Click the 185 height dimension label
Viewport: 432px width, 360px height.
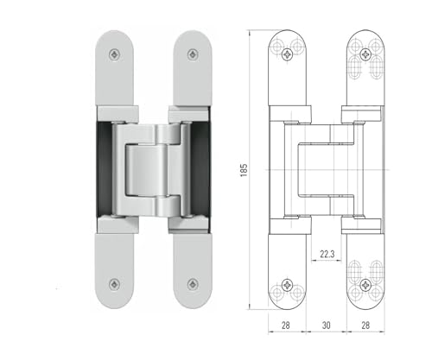(244, 170)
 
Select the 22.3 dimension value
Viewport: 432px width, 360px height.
(327, 254)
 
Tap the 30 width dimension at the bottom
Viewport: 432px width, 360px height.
(326, 325)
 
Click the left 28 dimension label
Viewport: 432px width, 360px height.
(286, 325)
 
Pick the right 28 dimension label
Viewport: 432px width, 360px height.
(365, 325)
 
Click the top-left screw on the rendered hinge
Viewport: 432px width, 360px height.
(115, 54)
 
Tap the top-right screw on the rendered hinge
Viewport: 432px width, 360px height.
(193, 54)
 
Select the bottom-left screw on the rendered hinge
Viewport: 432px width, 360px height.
(115, 284)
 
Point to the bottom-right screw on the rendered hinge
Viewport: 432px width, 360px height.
(193, 284)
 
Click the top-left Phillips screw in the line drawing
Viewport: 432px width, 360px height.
(288, 54)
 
